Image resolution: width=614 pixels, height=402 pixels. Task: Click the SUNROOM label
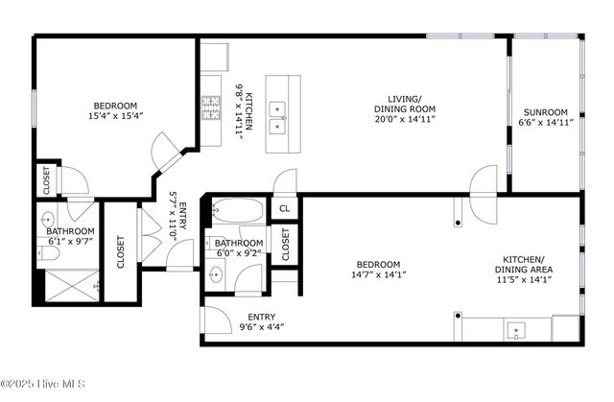click(544, 110)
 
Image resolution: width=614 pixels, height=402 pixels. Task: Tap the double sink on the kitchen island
click(276, 116)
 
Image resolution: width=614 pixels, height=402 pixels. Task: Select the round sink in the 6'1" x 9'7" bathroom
click(50, 218)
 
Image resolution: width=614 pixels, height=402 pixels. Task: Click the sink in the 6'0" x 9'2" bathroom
click(216, 275)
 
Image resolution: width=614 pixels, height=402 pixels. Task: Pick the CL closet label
click(284, 207)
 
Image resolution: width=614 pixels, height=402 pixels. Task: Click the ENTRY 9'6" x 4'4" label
click(262, 320)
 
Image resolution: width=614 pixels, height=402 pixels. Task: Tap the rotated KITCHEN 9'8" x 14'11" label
click(245, 111)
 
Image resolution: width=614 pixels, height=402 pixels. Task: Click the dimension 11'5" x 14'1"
click(524, 280)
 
